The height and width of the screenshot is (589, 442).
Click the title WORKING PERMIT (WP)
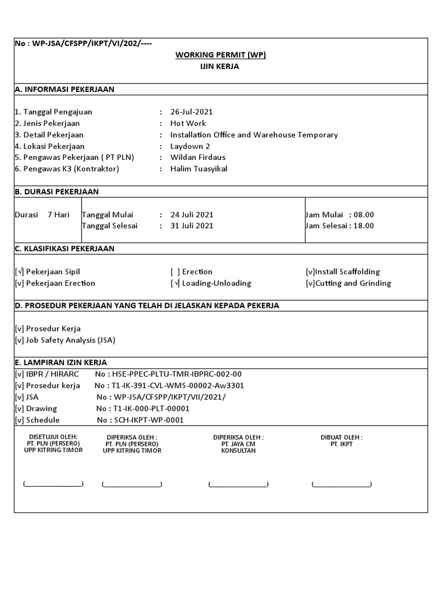[220, 55]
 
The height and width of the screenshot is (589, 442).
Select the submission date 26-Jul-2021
[192, 112]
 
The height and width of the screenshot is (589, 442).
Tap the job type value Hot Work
[188, 123]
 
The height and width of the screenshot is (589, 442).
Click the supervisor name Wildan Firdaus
[198, 157]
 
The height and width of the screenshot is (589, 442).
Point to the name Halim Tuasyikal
[199, 169]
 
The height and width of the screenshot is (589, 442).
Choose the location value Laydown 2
[190, 146]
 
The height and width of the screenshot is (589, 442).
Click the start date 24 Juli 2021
[192, 215]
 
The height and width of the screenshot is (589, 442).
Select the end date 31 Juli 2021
[192, 225]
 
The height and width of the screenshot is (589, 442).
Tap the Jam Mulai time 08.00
[364, 215]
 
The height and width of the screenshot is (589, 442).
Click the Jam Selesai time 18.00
[364, 225]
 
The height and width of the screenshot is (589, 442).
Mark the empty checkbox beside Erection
[176, 271]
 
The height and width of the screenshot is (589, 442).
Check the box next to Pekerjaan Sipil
[20, 271]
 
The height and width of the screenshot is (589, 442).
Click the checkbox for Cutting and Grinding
[310, 283]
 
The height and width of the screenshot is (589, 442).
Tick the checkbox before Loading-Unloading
[176, 283]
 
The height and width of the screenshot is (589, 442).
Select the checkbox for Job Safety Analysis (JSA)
[20, 340]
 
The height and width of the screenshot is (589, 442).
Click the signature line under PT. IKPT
[341, 484]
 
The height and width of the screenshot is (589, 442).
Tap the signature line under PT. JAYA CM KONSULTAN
[238, 484]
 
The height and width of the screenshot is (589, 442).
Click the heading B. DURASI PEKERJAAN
[56, 192]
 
